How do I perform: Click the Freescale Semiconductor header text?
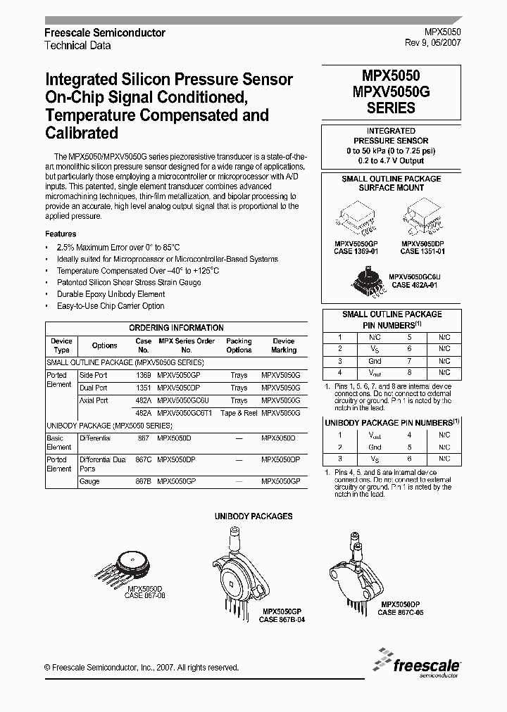[105, 33]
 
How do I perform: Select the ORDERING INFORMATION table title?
[176, 328]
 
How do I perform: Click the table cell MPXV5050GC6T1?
[186, 413]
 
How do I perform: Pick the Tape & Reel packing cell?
[239, 413]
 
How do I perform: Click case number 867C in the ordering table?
[143, 458]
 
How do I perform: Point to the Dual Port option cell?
[93, 388]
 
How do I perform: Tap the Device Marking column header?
[283, 345]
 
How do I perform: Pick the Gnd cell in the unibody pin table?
[375, 447]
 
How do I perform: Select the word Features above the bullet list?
[61, 234]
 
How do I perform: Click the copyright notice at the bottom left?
[141, 668]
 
